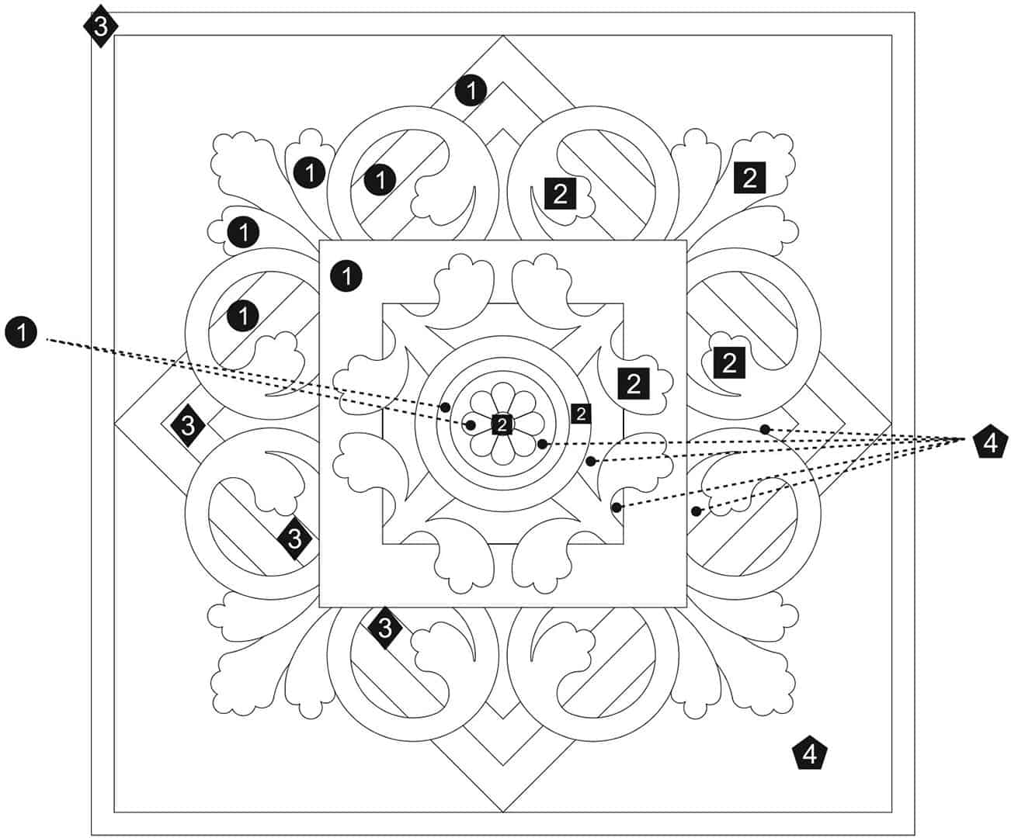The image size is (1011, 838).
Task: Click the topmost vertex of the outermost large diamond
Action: point(503,36)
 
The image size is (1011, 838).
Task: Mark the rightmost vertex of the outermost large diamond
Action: point(891,424)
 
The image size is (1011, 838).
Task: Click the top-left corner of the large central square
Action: point(319,241)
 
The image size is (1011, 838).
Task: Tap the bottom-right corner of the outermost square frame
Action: point(915,835)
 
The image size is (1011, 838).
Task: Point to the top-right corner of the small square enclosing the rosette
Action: point(624,304)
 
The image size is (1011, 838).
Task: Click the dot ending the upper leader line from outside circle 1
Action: point(445,407)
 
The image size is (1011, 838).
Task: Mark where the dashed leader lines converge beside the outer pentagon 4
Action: point(964,438)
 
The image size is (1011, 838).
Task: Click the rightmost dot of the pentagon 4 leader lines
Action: point(765,429)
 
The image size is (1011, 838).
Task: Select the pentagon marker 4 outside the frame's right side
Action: point(991,442)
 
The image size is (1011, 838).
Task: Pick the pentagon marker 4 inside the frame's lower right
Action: point(810,753)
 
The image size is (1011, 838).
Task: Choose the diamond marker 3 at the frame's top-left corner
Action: point(100,26)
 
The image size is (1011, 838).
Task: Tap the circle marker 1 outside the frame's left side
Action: point(21,332)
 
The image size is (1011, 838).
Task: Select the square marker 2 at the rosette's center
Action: point(502,424)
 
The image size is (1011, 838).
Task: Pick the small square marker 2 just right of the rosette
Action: point(581,414)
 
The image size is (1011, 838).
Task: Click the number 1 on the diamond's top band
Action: point(471,90)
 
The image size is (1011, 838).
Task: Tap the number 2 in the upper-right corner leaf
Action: point(750,178)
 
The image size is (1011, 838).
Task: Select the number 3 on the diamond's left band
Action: point(187,425)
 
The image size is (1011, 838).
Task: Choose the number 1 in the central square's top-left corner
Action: point(346,276)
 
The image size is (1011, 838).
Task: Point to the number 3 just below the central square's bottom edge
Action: point(385,628)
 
